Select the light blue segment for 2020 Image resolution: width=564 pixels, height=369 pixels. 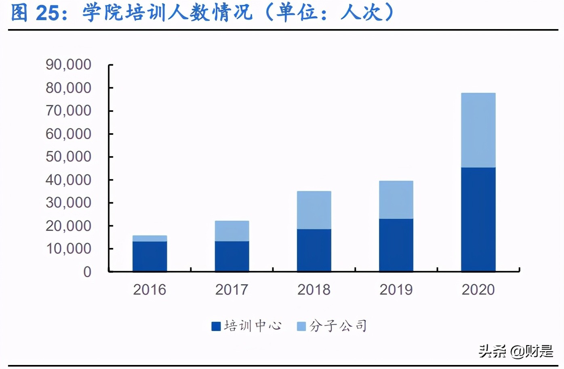(478, 130)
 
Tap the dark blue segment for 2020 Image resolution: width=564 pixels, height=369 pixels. (478, 219)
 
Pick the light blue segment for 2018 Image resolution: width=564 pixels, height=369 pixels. (314, 210)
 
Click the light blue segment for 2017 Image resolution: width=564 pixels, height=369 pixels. (232, 231)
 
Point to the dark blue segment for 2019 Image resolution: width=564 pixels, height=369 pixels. (396, 245)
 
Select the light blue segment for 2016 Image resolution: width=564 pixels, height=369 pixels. (149, 238)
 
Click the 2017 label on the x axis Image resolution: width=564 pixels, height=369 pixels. (231, 289)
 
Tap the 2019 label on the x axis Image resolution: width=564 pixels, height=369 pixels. (396, 289)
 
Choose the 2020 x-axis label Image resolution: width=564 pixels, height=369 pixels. (478, 289)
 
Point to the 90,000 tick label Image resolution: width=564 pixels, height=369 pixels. (68, 65)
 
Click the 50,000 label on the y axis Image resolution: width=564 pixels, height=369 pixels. (68, 157)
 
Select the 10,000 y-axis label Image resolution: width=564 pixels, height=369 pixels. (68, 249)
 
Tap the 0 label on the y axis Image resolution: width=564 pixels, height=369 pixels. (87, 272)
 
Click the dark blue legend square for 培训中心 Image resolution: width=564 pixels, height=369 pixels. (216, 326)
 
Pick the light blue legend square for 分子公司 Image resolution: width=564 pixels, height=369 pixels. (301, 326)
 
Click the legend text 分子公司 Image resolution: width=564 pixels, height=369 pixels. (339, 326)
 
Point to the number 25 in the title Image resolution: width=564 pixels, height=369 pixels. (47, 13)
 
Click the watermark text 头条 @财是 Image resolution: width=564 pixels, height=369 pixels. (516, 351)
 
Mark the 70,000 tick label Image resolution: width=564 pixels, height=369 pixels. (68, 111)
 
